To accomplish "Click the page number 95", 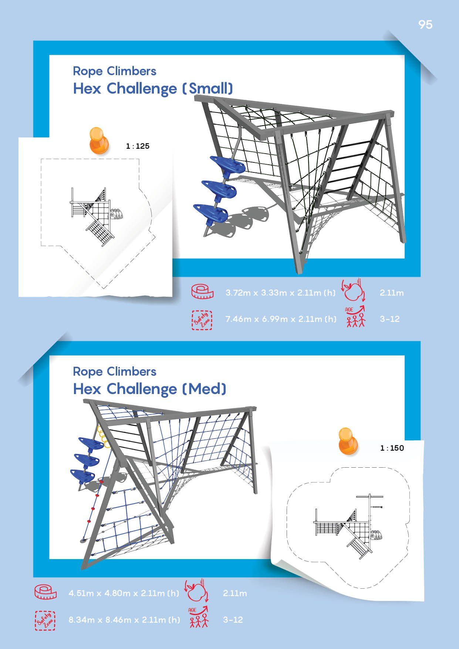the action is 425,24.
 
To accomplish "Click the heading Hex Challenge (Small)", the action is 153,89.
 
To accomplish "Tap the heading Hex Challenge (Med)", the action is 149,389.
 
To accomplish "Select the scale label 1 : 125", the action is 138,146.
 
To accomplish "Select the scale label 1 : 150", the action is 392,448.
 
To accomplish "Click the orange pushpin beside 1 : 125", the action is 99,140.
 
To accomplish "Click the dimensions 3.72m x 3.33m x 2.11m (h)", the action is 281,293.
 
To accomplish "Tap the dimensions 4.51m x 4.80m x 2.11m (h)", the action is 124,593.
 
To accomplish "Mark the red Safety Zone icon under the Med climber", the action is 45,620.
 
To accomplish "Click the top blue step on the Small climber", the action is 227,165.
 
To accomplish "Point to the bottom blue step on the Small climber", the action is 211,213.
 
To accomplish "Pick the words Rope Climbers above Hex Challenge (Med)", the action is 115,371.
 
